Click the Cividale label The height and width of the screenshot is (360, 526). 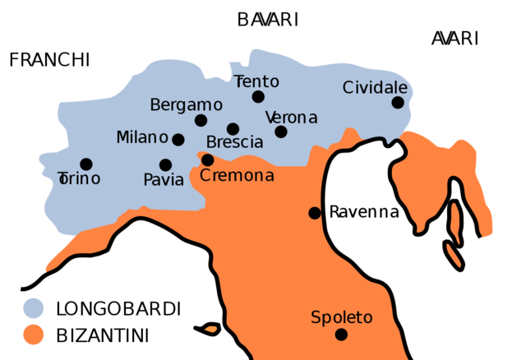tap(375, 87)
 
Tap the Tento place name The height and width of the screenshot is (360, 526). tap(256, 81)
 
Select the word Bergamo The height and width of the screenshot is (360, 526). tap(186, 105)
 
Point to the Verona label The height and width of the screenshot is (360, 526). tap(291, 118)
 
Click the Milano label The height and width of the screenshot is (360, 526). tap(142, 137)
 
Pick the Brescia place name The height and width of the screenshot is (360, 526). tap(235, 142)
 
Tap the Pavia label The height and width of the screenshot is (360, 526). tap(164, 180)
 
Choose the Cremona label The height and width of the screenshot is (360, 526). tap(237, 175)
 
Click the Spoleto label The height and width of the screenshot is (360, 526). tap(342, 317)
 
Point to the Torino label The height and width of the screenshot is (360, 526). tap(80, 178)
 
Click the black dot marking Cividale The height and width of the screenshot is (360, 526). tap(398, 103)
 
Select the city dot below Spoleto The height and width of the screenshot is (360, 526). tap(341, 335)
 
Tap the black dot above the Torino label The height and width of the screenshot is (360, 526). tap(86, 164)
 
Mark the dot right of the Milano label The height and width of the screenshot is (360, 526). tap(178, 140)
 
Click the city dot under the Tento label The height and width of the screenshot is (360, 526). tap(258, 97)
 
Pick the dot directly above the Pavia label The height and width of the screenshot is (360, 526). tap(165, 165)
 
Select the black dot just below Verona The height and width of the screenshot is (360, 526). tap(281, 132)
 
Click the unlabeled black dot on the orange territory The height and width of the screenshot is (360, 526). tap(314, 213)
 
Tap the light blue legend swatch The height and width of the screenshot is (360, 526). tap(34, 308)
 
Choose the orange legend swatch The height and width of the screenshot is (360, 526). tap(34, 335)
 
